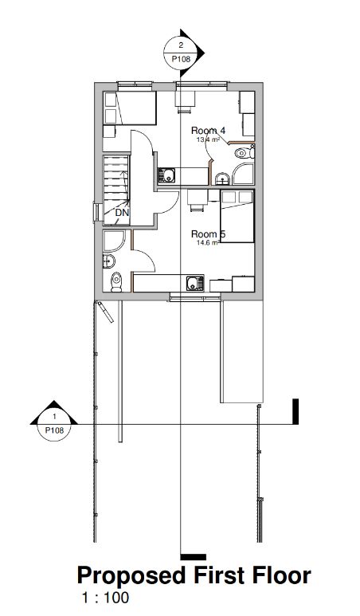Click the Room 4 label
point(209,130)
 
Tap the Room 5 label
point(209,233)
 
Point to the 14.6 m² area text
point(207,243)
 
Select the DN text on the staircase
point(122,213)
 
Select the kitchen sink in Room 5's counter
point(193,283)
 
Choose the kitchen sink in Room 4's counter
point(167,175)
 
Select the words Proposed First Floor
point(193,577)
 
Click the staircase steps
point(115,182)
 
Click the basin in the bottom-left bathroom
point(106,263)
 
